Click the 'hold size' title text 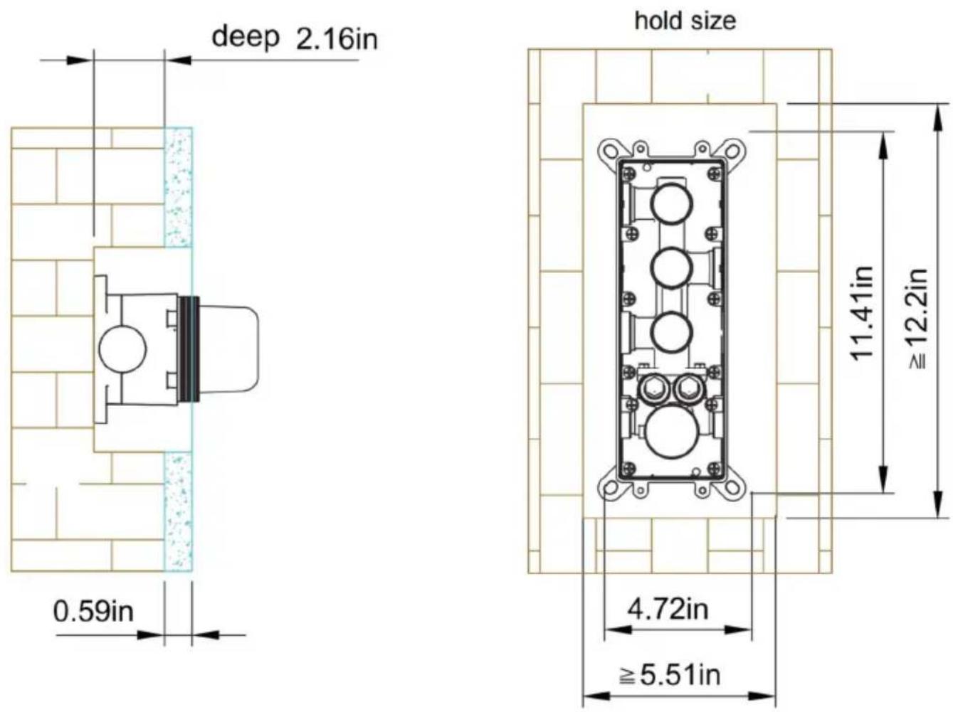(x=685, y=21)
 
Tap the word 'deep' (x=245, y=37)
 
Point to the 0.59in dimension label (x=93, y=611)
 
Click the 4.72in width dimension (x=668, y=609)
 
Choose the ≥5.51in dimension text (x=670, y=675)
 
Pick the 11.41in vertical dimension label (x=861, y=313)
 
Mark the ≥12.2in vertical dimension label (x=917, y=319)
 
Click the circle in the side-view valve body (x=123, y=349)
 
